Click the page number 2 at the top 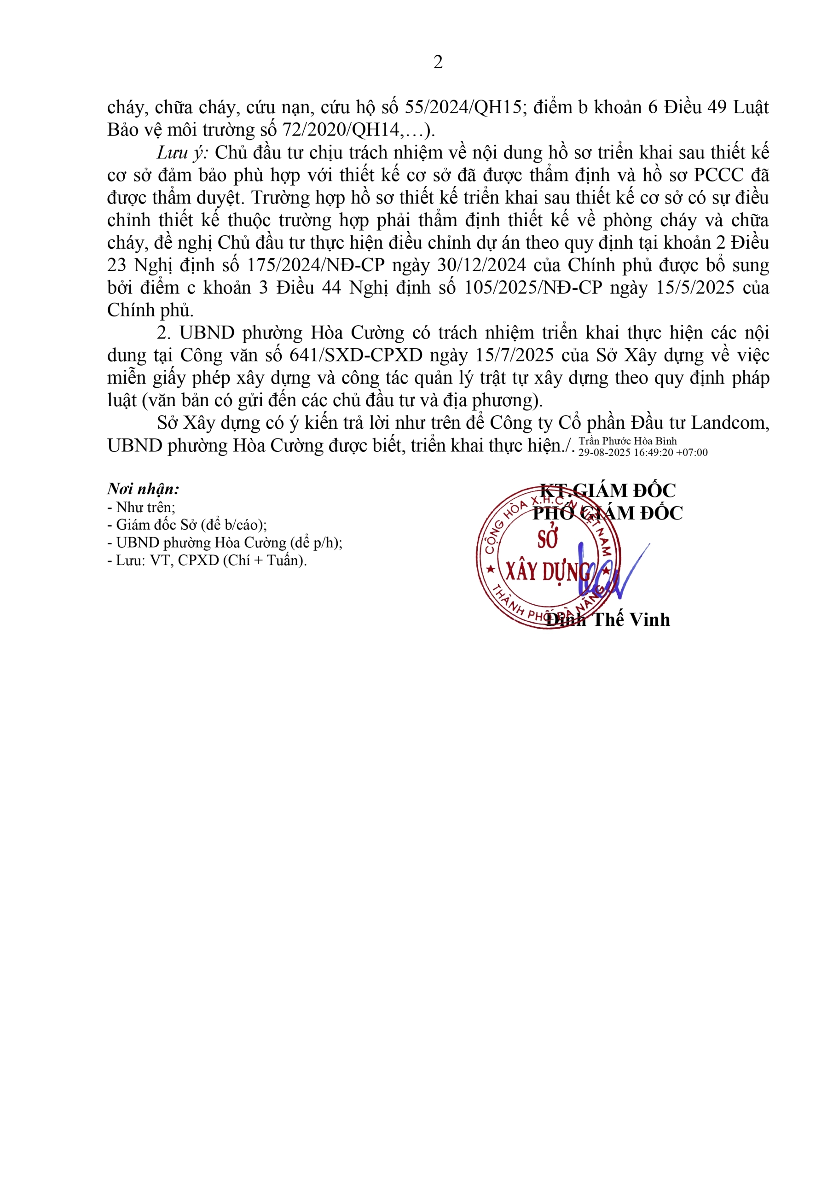[x=438, y=62]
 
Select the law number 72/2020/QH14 [x=341, y=130]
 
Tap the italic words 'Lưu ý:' [x=182, y=152]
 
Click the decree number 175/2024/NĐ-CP [x=316, y=265]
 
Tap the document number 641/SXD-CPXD [x=356, y=356]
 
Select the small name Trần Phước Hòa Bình [x=628, y=441]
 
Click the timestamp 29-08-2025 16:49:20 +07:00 [x=643, y=452]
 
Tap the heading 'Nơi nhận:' [x=143, y=489]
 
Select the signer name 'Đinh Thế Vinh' [x=608, y=620]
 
